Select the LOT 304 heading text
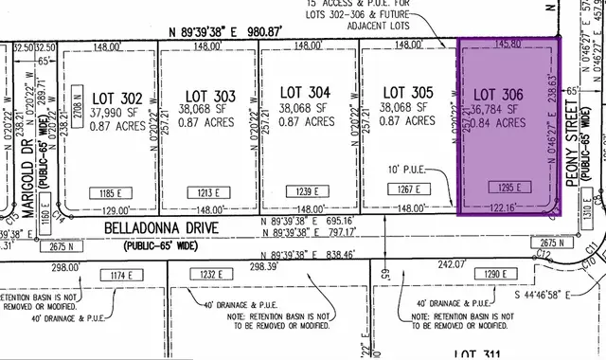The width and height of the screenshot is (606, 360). pos(306,92)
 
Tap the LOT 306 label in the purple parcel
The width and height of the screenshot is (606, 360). pos(497,95)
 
